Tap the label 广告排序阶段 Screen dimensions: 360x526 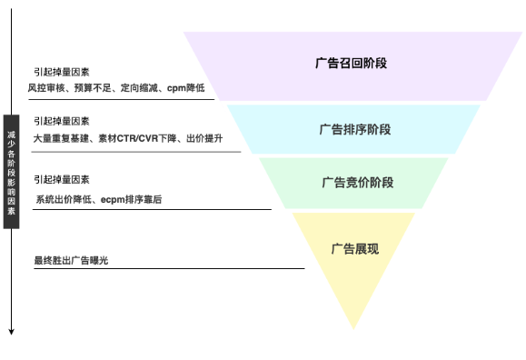[x=355, y=129]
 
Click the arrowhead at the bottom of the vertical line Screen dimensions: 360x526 [x=11, y=331]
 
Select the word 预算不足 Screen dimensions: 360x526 [x=92, y=88]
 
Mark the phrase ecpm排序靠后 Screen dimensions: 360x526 [x=130, y=198]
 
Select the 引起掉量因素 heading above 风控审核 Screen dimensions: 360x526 [x=61, y=72]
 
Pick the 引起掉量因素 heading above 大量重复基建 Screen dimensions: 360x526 [x=61, y=121]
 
